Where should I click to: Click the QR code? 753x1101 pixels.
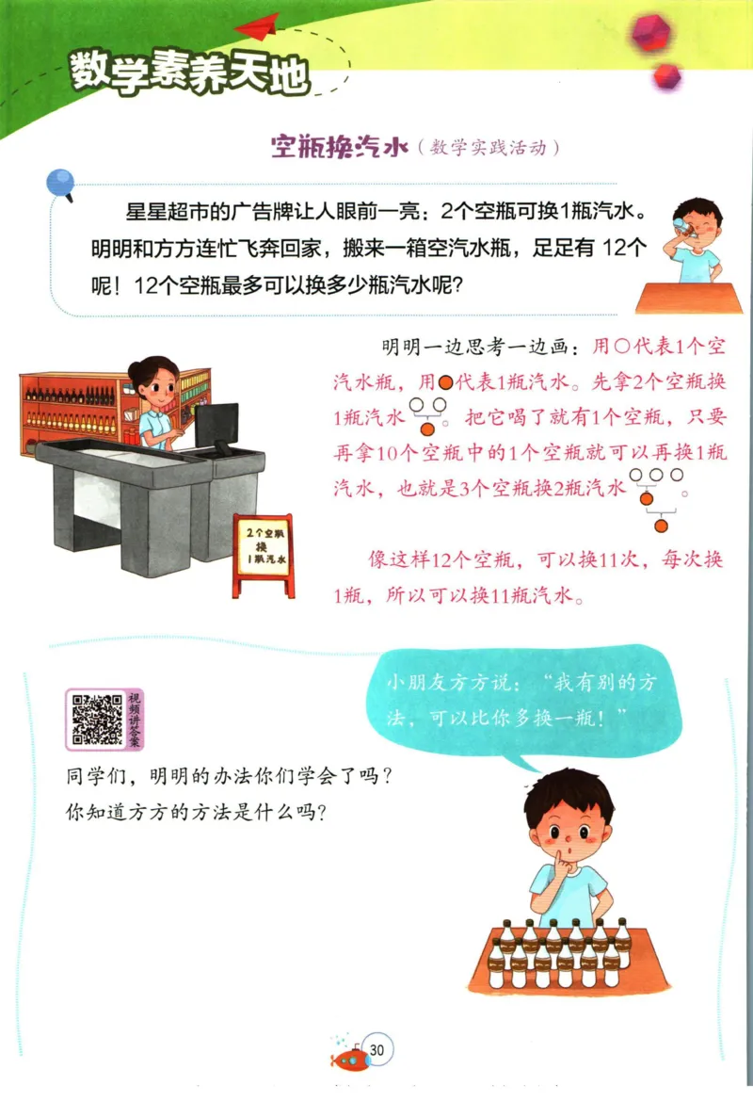coord(94,719)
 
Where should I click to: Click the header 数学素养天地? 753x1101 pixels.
coord(188,73)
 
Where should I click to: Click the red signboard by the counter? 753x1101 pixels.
coord(263,555)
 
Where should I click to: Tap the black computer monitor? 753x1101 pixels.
coord(216,426)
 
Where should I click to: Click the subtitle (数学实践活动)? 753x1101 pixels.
coord(492,148)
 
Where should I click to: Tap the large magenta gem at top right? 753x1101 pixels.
coord(651,33)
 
